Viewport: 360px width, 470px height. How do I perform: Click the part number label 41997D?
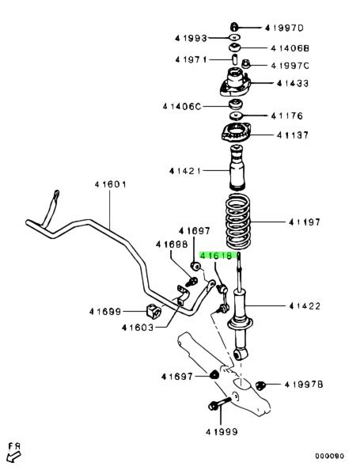pos(284,28)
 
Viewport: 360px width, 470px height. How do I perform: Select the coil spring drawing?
pos(237,222)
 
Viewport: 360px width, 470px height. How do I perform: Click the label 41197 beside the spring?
pos(305,222)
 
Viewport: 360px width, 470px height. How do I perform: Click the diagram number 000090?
pos(329,456)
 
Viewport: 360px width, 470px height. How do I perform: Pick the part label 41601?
pos(110,184)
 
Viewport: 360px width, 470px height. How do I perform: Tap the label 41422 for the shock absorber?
pos(305,306)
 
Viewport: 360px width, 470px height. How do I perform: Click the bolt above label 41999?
pos(220,404)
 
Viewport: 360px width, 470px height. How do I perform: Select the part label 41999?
pos(222,432)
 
